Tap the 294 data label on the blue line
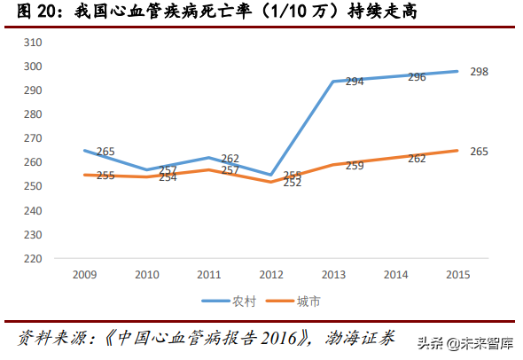click(x=355, y=82)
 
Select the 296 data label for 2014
click(x=417, y=77)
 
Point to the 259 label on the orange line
click(x=355, y=166)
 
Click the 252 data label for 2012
click(x=293, y=183)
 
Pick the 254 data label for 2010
click(x=168, y=177)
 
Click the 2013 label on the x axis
click(x=332, y=275)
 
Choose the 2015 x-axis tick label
click(x=457, y=275)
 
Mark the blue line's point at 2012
click(x=270, y=175)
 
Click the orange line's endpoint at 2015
click(x=457, y=151)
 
